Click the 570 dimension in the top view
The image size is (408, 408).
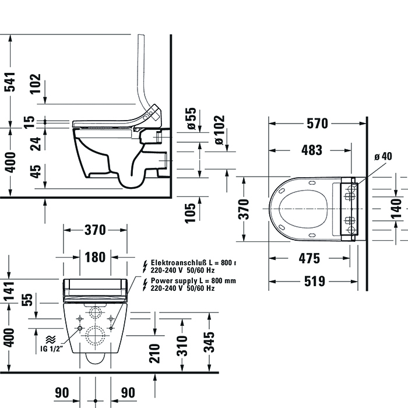pos(317,124)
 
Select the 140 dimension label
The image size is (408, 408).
pos(396,206)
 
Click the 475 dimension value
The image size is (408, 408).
pos(309,258)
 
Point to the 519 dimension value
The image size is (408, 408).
pos(314,282)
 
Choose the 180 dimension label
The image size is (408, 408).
pos(95,257)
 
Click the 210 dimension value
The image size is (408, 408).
pos(154,352)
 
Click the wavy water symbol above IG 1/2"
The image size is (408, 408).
pos(51,338)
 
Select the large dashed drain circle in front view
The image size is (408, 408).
pos(95,336)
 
